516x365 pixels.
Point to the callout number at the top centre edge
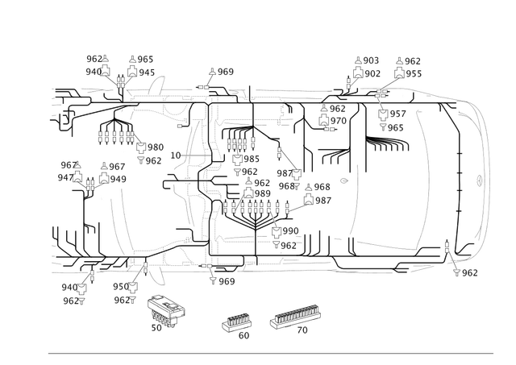tap(223, 72)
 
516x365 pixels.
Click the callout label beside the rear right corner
tap(468, 273)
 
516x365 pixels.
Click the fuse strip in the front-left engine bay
tap(113, 134)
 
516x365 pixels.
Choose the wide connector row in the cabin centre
tap(250, 206)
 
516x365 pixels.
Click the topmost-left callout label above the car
tap(96, 58)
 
